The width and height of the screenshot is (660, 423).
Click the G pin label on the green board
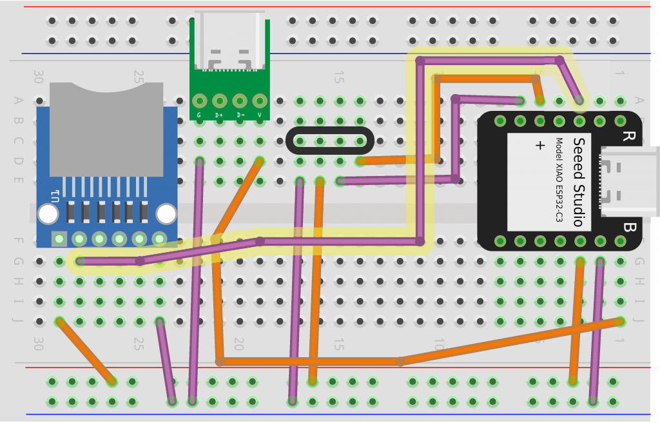pos(199,115)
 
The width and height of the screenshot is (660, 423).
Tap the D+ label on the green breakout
pos(219,115)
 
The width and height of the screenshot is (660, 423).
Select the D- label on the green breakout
pos(240,115)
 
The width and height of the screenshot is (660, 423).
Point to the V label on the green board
pos(260,115)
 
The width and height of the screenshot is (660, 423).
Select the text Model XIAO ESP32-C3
pos(559,181)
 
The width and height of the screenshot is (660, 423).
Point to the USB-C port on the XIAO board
pos(628,182)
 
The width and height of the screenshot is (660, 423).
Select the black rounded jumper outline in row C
pos(329,141)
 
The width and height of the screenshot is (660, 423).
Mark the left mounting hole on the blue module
pos(48,214)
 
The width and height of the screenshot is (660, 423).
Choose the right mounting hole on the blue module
pos(166,214)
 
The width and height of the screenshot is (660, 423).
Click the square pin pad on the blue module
pos(59,239)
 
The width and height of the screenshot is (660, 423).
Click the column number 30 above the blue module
pos(39,77)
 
